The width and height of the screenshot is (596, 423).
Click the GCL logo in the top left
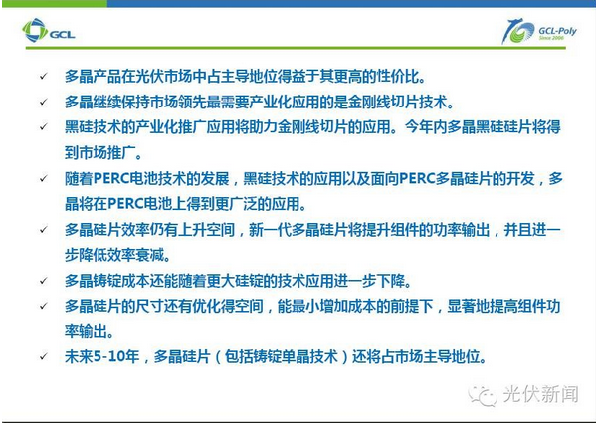49,30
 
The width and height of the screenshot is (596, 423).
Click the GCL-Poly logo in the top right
538,31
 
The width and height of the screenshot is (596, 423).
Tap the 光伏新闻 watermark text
541,394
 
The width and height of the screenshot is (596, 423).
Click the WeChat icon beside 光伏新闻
483,395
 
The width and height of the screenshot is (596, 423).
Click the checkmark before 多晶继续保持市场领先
44,102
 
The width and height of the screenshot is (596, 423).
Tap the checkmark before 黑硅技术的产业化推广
44,127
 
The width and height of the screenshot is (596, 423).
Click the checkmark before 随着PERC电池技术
44,178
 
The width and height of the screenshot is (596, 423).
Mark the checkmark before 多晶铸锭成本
44,281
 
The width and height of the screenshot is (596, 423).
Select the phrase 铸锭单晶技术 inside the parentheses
282,357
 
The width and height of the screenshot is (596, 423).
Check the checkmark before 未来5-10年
44,356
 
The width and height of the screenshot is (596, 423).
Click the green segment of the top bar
54,3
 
